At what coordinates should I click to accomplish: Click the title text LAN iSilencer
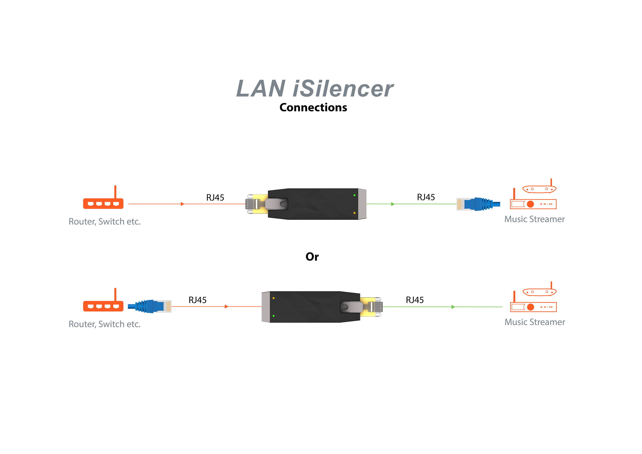tap(315, 89)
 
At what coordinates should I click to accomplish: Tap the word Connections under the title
tap(313, 107)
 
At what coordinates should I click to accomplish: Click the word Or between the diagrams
tap(312, 257)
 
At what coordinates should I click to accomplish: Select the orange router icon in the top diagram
tap(103, 200)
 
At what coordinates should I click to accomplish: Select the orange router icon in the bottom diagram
tap(103, 303)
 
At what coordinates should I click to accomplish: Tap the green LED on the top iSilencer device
tap(355, 195)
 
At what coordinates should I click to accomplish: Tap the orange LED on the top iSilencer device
tap(355, 213)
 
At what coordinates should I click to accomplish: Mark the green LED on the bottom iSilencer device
tap(273, 316)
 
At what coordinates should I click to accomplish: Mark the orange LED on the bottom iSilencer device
tap(273, 298)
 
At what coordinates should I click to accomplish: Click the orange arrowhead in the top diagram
tap(182, 204)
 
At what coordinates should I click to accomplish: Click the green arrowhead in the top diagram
tap(393, 204)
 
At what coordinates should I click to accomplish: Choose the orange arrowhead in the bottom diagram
tap(226, 307)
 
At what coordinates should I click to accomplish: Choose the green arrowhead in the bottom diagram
tap(453, 307)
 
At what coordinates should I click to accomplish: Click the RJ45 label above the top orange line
tap(215, 197)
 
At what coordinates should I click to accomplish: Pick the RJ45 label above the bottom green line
tap(415, 300)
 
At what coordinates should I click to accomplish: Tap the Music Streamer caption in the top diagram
tap(534, 219)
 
